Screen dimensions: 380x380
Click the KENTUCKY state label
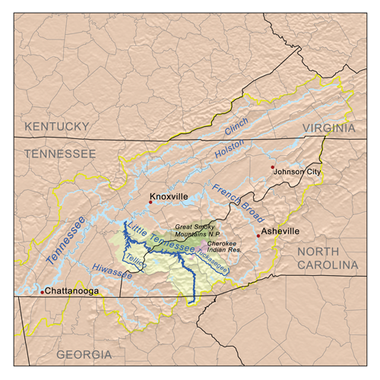[x=58, y=125]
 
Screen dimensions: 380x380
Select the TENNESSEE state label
[x=60, y=154]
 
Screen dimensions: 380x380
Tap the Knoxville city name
[x=169, y=196]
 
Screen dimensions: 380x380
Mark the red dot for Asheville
[x=258, y=236]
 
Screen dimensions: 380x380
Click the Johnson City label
[x=299, y=172]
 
